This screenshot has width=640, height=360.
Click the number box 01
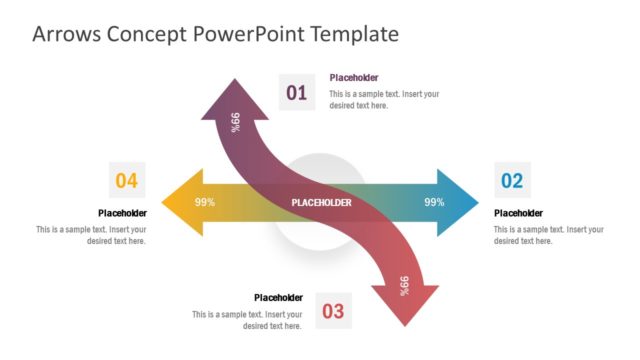(296, 93)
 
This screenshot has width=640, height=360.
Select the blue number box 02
(512, 180)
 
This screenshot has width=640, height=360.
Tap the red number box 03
(333, 311)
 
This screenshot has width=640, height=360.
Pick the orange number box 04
(127, 180)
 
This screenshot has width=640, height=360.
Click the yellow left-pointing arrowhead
(178, 202)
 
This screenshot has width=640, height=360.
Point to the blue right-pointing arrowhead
(460, 202)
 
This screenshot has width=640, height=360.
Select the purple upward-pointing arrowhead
(236, 95)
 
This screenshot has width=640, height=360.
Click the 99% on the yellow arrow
(205, 202)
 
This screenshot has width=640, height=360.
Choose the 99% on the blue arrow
(434, 202)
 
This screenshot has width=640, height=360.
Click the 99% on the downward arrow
(404, 285)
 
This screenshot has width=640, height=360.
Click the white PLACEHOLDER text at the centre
(321, 203)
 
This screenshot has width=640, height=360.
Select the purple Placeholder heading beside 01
(354, 78)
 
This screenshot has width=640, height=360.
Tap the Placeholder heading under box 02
(519, 213)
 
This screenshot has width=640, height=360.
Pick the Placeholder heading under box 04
(122, 213)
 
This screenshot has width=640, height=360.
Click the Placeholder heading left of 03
(278, 297)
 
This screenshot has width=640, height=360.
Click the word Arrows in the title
(68, 34)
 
